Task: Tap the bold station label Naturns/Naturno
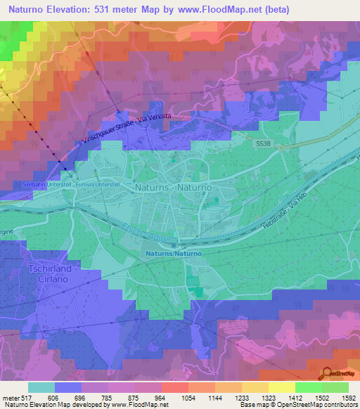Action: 174,253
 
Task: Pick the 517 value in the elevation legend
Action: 24,398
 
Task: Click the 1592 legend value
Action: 349,398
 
